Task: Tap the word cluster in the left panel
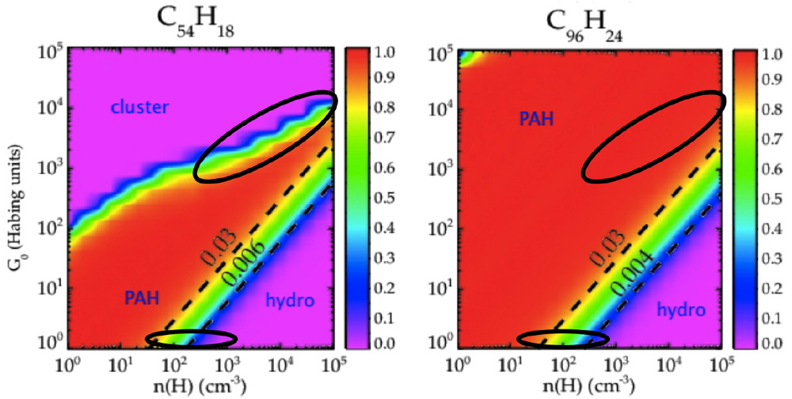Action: (x=139, y=106)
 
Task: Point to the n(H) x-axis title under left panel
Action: (x=200, y=387)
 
